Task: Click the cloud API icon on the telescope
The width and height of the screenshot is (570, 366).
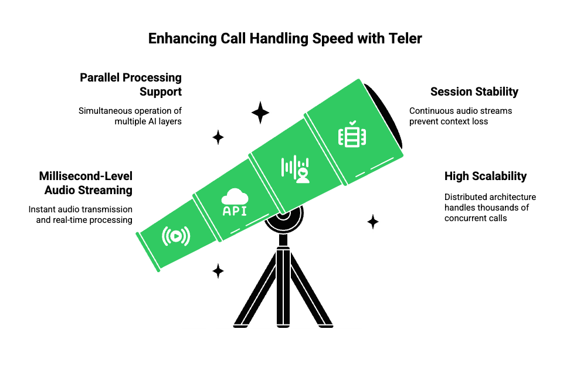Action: tap(234, 202)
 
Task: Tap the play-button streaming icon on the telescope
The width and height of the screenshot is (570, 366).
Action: tap(176, 236)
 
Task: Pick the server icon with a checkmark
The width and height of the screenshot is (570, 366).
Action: tap(352, 135)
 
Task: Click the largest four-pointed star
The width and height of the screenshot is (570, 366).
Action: tap(260, 112)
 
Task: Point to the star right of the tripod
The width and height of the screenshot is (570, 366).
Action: tap(372, 222)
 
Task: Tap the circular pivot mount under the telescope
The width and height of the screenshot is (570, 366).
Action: tap(283, 216)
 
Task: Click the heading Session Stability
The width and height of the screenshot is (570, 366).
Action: tap(474, 91)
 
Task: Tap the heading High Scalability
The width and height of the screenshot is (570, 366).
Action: tap(485, 176)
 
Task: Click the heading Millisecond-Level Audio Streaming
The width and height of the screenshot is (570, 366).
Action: tap(86, 183)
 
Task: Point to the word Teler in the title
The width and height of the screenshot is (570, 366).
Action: tap(405, 39)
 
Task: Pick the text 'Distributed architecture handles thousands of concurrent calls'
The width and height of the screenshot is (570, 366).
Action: tap(490, 207)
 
